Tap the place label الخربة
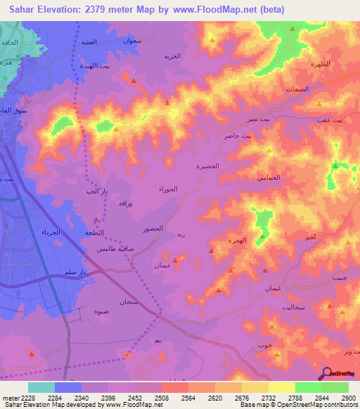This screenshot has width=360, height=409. click(172, 56)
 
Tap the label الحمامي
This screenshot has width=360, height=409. click(269, 178)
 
